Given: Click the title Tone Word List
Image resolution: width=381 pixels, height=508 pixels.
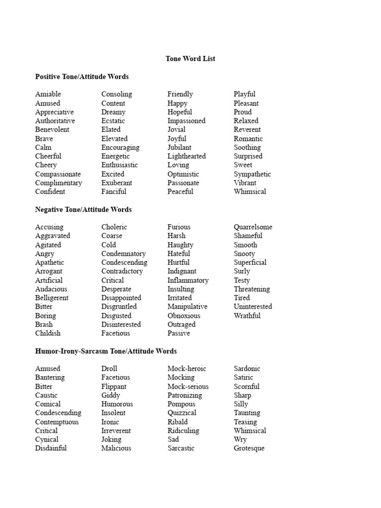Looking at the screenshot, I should pyautogui.click(x=190, y=59).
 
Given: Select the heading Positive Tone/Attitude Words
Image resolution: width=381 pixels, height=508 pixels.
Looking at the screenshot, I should pyautogui.click(x=82, y=76).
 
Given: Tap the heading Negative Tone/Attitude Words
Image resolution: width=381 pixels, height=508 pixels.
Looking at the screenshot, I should pyautogui.click(x=83, y=209).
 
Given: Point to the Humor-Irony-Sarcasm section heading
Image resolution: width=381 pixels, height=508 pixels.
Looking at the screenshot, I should pyautogui.click(x=106, y=351).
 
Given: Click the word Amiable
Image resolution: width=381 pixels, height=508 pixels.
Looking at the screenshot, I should pyautogui.click(x=48, y=94).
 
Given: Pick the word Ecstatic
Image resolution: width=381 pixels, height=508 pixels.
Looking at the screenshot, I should pyautogui.click(x=113, y=121).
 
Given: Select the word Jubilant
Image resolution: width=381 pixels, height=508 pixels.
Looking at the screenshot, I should pyautogui.click(x=179, y=147).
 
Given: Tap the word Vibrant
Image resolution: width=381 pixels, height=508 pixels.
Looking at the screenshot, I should pyautogui.click(x=245, y=183).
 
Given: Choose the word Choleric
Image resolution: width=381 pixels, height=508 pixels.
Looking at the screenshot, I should pyautogui.click(x=114, y=227).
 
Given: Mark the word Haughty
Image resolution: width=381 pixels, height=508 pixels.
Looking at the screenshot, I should pyautogui.click(x=180, y=245).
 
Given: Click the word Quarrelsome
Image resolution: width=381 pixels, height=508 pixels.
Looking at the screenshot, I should pyautogui.click(x=253, y=227).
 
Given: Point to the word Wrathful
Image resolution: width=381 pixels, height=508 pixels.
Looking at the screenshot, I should pyautogui.click(x=247, y=316).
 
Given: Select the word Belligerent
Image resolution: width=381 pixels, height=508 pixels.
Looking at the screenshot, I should pyautogui.click(x=52, y=298).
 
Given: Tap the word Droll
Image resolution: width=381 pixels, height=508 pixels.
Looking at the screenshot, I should pyautogui.click(x=109, y=369).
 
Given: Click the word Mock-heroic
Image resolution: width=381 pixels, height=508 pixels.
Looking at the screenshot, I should pyautogui.click(x=187, y=369).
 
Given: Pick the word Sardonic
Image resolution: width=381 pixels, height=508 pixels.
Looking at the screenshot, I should pyautogui.click(x=247, y=369).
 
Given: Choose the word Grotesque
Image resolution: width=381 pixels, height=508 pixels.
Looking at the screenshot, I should pyautogui.click(x=249, y=448).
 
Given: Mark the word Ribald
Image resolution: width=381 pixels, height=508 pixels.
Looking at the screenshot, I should pyautogui.click(x=178, y=422).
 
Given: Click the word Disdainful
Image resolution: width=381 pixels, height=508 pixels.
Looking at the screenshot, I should pyautogui.click(x=51, y=448).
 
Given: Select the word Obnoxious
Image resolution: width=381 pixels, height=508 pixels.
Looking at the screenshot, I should pyautogui.click(x=184, y=316).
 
